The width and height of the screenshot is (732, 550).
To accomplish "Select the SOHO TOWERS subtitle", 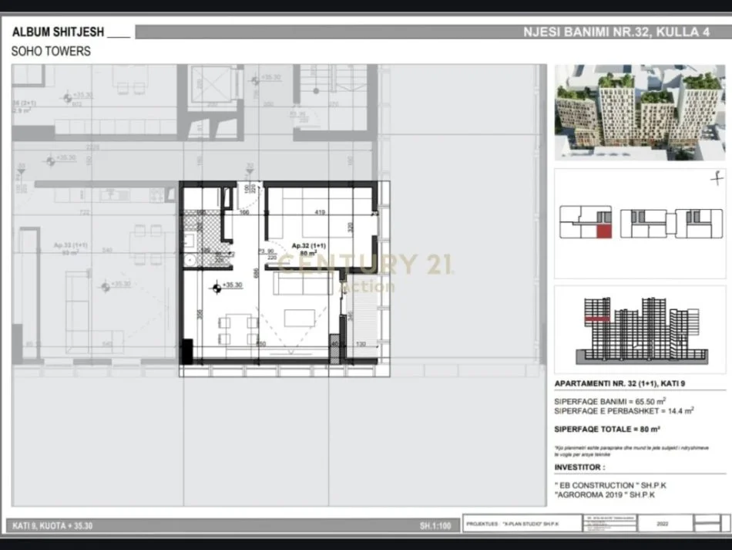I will point(51,51).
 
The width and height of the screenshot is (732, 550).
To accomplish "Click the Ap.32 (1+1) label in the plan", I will point(307,246).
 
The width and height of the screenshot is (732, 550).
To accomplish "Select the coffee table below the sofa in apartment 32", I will point(300,318).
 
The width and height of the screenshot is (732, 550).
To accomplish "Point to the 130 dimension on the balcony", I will point(360,344).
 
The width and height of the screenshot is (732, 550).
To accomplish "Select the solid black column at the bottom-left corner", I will point(186,350).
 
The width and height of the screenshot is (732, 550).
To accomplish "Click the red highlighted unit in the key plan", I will point(605,231).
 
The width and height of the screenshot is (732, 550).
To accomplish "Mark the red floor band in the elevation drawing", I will point(598,317).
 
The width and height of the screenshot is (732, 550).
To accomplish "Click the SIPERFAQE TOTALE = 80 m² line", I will point(606,429).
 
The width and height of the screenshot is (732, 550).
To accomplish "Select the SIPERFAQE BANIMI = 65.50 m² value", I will point(609,401).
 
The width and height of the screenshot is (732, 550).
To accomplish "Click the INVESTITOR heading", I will point(579,467).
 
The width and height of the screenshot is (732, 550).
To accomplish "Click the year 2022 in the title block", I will point(662,524).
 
